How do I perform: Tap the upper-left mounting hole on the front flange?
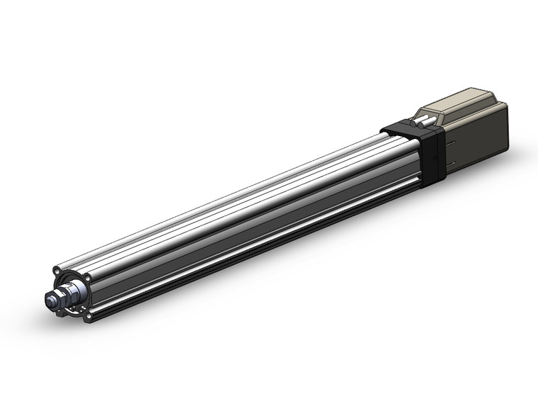[x=56, y=270]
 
